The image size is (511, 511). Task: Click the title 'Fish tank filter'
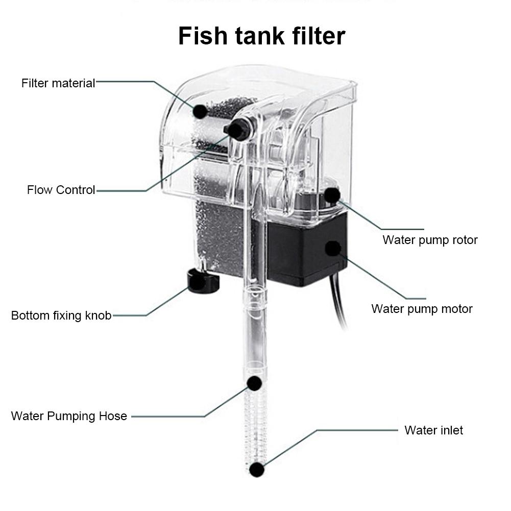pyautogui.click(x=261, y=36)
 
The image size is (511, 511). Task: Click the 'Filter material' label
pyautogui.click(x=58, y=83)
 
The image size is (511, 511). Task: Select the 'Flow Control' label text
pyautogui.click(x=61, y=190)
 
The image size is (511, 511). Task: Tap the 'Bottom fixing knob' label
pyautogui.click(x=61, y=315)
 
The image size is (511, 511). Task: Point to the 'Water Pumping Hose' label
pyautogui.click(x=69, y=416)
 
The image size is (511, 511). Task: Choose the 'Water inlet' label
pyautogui.click(x=433, y=430)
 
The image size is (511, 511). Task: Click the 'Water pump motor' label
pyautogui.click(x=422, y=309)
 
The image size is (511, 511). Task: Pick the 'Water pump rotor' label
pyautogui.click(x=430, y=240)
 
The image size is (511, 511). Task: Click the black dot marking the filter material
pyautogui.click(x=200, y=111)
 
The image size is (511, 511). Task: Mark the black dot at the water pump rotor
pyautogui.click(x=332, y=195)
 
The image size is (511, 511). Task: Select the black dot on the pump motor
pyautogui.click(x=333, y=249)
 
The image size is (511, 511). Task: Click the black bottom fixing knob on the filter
pyautogui.click(x=203, y=282)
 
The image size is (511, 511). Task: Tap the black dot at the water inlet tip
pyautogui.click(x=257, y=470)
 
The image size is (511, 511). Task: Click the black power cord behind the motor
pyautogui.click(x=339, y=306)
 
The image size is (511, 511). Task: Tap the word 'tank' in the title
pyautogui.click(x=255, y=36)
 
